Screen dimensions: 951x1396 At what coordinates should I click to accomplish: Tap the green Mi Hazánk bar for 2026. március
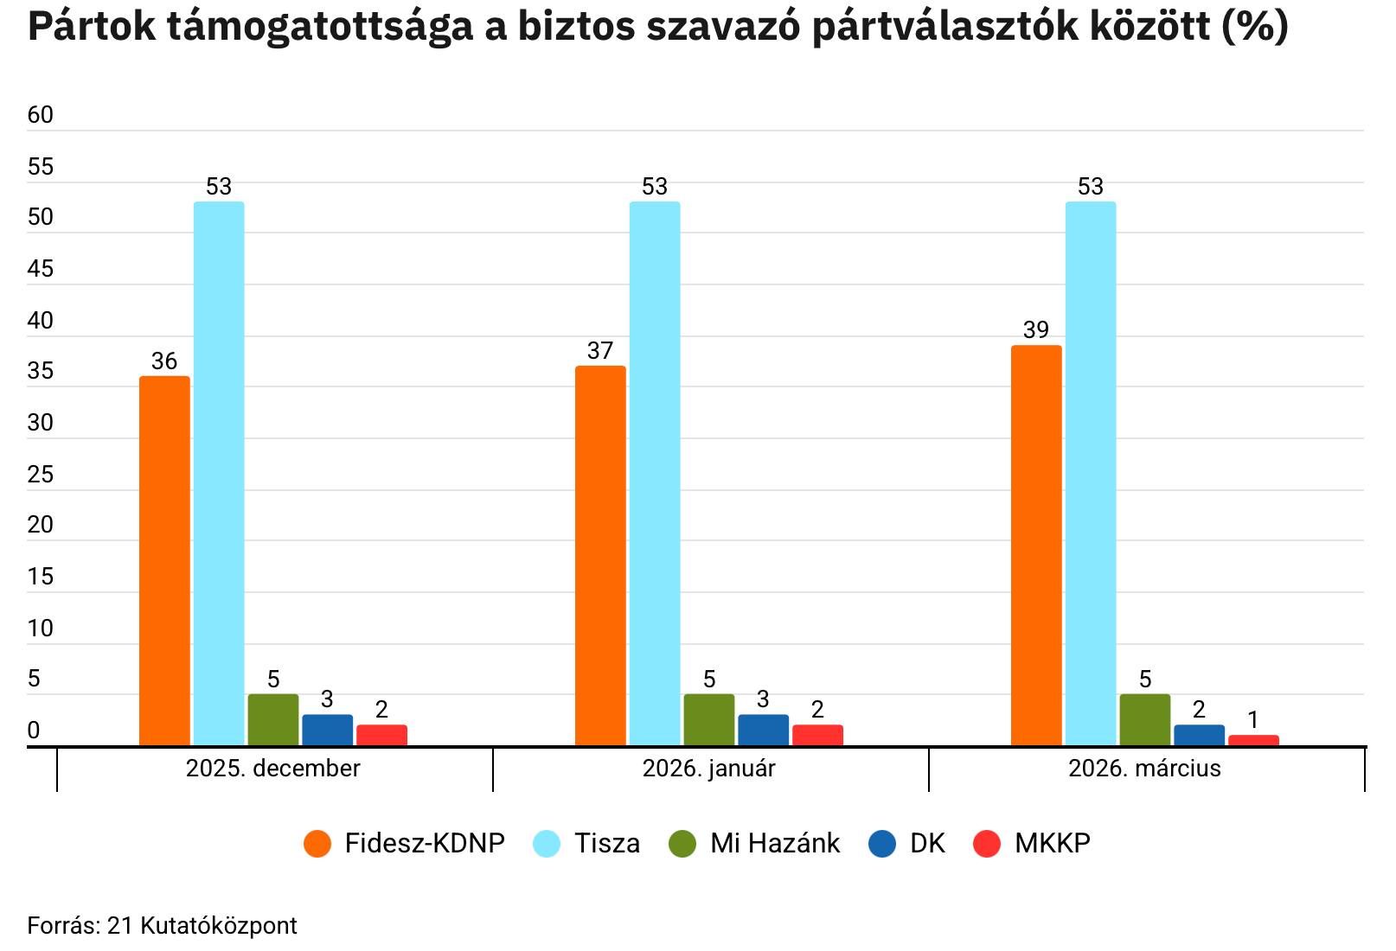(1144, 719)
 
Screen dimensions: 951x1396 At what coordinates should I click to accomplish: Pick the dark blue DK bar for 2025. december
(328, 730)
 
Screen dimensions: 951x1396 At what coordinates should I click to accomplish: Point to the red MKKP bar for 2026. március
(1253, 740)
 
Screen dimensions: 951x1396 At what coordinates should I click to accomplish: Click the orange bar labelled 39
(1036, 545)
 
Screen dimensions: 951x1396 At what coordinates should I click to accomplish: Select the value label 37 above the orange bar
(600, 351)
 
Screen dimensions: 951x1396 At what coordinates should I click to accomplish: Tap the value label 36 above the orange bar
(164, 361)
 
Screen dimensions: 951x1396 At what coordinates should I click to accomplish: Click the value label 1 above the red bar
(1253, 720)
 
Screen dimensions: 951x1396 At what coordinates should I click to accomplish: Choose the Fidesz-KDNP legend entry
(404, 843)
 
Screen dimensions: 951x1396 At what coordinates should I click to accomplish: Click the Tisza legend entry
(587, 843)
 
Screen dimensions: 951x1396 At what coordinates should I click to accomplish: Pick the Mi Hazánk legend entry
(755, 843)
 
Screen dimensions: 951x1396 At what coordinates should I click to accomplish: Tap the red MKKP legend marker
(987, 844)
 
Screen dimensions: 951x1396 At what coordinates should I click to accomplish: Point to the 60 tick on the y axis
(41, 115)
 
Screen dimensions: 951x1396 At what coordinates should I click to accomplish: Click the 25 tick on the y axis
(41, 475)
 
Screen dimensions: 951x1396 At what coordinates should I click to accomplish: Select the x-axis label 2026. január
(709, 769)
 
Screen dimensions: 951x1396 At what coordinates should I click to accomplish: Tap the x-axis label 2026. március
(1144, 769)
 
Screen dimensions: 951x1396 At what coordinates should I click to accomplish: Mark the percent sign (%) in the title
(1255, 28)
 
